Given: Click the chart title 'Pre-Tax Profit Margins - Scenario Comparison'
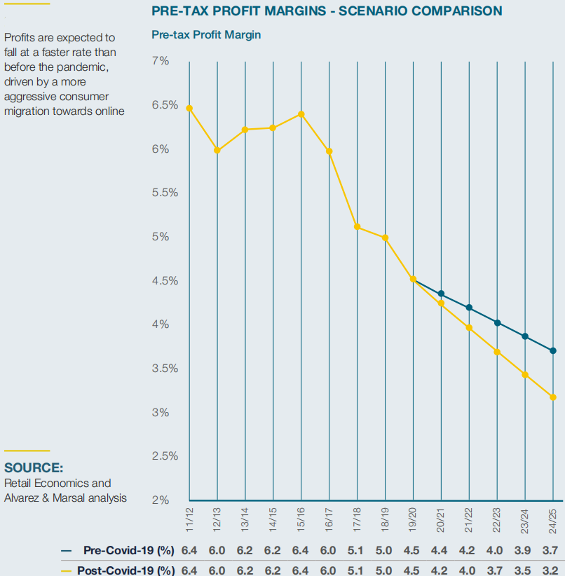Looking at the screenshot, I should pos(327,11).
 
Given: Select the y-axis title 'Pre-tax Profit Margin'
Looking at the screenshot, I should pos(206,34).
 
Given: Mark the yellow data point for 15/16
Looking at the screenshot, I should pos(301,114).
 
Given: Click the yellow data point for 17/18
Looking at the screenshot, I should pos(358,226).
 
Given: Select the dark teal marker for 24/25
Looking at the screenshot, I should pos(554,350).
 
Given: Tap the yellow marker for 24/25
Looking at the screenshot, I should pos(554,397).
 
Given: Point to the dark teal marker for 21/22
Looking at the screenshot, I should pos(470,308).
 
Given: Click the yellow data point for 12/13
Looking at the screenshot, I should pos(217,150).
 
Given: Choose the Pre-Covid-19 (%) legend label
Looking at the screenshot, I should pos(128,550).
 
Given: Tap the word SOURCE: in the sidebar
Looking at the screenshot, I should pos(34,467).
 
